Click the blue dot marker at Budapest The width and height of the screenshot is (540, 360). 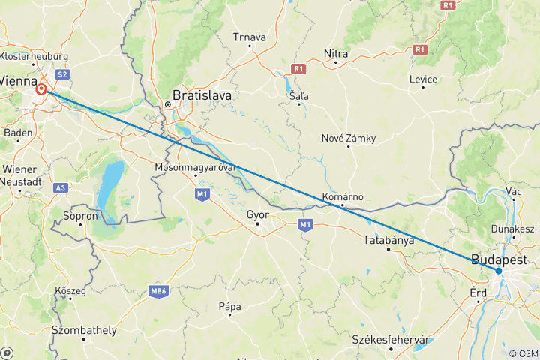(x=499, y=271)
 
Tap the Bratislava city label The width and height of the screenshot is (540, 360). (x=202, y=96)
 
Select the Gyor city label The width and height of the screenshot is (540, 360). (x=257, y=214)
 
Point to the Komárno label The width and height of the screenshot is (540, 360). (x=342, y=196)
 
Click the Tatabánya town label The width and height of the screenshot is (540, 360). (x=388, y=240)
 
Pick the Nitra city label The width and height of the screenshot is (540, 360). (x=335, y=53)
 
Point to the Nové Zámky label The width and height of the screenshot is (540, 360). (x=348, y=138)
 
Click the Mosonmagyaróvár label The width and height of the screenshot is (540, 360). (x=196, y=166)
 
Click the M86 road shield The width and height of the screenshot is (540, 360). (x=157, y=291)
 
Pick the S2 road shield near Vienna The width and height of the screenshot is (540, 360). (x=62, y=74)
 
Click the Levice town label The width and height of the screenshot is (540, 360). (x=423, y=79)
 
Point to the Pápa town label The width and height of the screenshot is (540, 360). (x=229, y=306)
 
